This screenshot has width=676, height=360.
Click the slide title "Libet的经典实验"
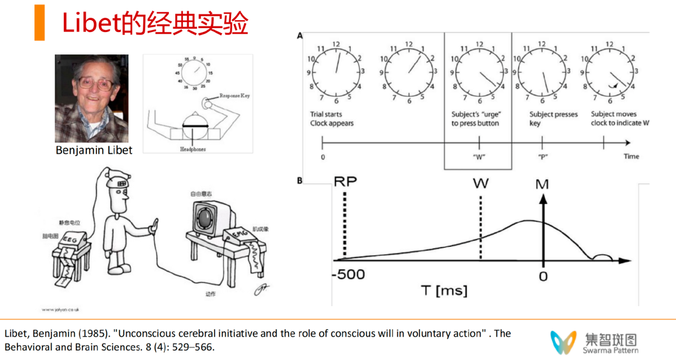pyautogui.click(x=155, y=23)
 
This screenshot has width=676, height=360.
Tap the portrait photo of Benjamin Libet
pyautogui.click(x=91, y=98)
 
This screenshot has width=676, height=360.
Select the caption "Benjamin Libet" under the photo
pyautogui.click(x=94, y=150)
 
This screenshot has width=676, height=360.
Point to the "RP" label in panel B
pyautogui.click(x=345, y=182)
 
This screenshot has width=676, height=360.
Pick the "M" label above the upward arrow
pyautogui.click(x=543, y=185)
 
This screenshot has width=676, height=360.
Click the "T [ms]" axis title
pyautogui.click(x=444, y=291)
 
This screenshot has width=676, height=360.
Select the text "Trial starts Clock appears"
pyautogui.click(x=332, y=119)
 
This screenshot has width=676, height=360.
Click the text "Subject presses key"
pyautogui.click(x=553, y=119)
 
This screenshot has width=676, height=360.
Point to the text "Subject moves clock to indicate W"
pyautogui.click(x=620, y=119)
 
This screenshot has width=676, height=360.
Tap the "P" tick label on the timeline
pyautogui.click(x=542, y=157)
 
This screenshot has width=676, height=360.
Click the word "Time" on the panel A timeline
pyautogui.click(x=631, y=157)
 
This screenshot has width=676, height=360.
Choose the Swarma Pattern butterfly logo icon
pyautogui.click(x=563, y=342)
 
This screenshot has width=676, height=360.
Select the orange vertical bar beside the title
pyautogui.click(x=39, y=23)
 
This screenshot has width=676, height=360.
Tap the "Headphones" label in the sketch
pyautogui.click(x=193, y=150)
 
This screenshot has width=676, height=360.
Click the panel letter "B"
pyautogui.click(x=300, y=181)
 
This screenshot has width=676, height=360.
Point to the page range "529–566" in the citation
pyautogui.click(x=197, y=346)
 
